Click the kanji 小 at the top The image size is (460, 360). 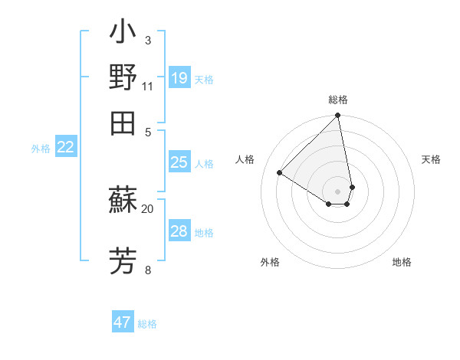(123, 34)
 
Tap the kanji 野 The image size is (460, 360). (123, 77)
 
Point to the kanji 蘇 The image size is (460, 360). (123, 201)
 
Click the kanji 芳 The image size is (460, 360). (123, 260)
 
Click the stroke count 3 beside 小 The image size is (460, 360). (147, 40)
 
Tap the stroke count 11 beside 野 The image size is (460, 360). (148, 86)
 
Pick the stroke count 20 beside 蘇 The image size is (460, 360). (148, 208)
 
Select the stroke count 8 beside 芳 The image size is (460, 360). (147, 270)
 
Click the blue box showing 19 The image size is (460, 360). (179, 77)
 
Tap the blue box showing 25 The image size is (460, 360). (179, 162)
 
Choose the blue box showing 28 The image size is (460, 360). (179, 231)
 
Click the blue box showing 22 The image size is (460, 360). (66, 147)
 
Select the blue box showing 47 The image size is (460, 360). (123, 322)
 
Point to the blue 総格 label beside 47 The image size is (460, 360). (147, 324)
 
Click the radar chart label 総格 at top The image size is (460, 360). (338, 100)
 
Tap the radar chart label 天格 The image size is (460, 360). (431, 159)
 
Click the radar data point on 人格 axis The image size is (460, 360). (280, 172)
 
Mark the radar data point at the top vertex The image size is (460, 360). (338, 116)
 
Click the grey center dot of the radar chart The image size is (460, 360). (338, 191)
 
